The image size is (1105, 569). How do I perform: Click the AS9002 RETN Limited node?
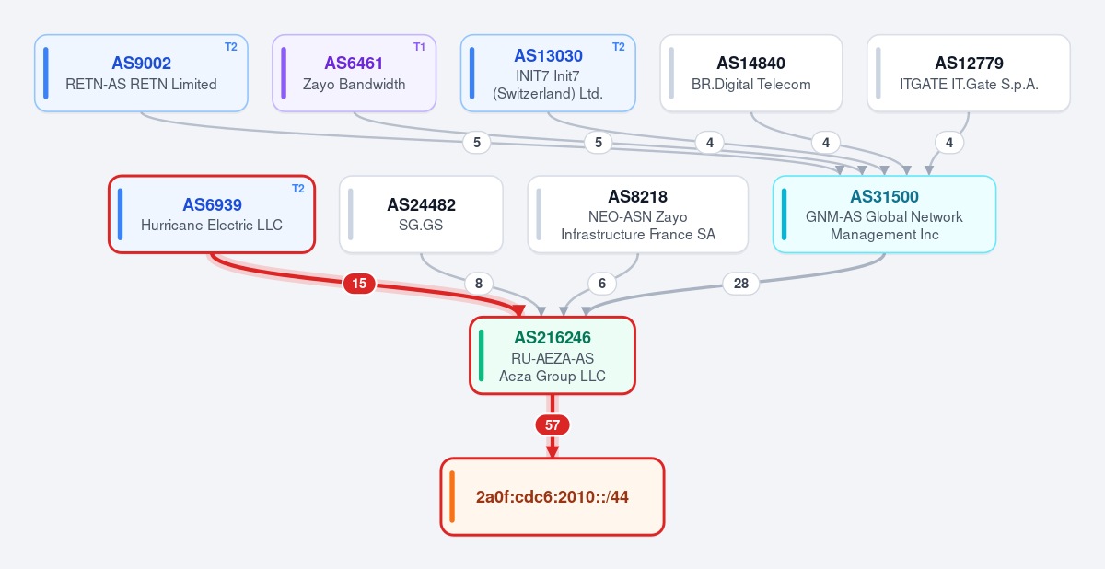141,73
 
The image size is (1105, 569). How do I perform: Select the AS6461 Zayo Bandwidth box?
355,73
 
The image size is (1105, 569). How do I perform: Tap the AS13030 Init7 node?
548,73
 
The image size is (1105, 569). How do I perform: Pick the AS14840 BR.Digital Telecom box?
751,73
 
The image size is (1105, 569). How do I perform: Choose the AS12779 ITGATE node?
969,73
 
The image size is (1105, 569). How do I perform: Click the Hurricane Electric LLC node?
212,215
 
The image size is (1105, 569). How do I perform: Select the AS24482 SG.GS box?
422,215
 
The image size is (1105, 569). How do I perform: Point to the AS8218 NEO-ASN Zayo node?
638,215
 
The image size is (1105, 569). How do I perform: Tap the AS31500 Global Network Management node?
885,215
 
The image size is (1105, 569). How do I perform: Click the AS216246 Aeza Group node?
552,355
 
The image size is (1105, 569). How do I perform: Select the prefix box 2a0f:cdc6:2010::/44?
552,496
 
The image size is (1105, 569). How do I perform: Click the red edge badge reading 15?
359,284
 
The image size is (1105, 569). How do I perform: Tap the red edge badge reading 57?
552,425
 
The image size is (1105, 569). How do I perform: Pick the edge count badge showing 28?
741,284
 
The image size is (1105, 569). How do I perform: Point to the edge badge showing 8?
479,284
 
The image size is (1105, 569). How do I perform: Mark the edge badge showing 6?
602,284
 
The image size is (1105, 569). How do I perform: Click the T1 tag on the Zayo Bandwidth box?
419,47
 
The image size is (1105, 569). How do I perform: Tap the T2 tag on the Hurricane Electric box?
298,189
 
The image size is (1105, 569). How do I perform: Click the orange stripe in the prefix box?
452,496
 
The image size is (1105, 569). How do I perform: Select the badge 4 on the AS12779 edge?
949,143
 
